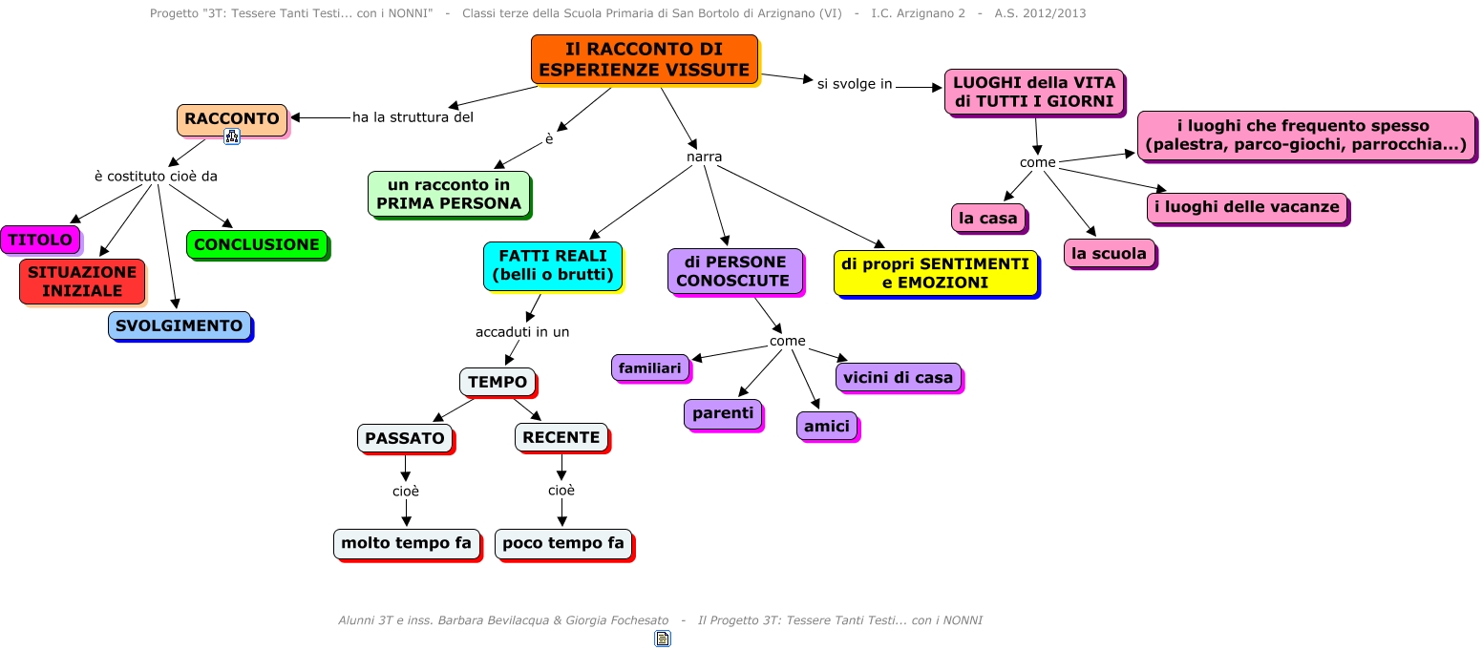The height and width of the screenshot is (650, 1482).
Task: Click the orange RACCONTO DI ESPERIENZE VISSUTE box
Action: [645, 59]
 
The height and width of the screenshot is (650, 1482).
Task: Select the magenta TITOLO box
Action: [40, 240]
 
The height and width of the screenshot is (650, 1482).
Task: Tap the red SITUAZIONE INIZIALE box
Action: [82, 282]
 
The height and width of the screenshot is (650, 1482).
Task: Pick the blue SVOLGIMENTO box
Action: [180, 325]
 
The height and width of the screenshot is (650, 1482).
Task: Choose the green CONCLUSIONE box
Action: [257, 244]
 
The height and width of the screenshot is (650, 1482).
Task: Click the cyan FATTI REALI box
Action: [553, 265]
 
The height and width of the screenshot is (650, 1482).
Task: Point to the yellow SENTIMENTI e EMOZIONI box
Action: [936, 273]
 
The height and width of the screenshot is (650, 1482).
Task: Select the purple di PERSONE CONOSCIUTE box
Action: [735, 271]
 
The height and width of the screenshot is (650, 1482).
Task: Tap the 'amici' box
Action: [827, 426]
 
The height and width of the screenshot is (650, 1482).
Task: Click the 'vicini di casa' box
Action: [899, 378]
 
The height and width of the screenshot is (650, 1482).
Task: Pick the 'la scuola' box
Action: [1110, 253]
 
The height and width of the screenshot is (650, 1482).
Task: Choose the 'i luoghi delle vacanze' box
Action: [1247, 207]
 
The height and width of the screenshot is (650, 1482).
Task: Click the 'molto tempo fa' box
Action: [406, 543]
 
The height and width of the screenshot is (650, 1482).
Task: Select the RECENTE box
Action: [561, 438]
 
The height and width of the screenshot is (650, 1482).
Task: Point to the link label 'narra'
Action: [704, 157]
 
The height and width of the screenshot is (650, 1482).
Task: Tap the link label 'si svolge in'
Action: [855, 84]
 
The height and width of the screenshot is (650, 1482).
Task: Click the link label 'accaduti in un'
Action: [522, 332]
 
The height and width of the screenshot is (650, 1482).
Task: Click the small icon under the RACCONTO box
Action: [231, 136]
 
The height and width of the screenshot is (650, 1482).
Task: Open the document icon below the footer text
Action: [663, 639]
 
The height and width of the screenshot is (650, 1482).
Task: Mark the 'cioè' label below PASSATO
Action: [406, 492]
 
